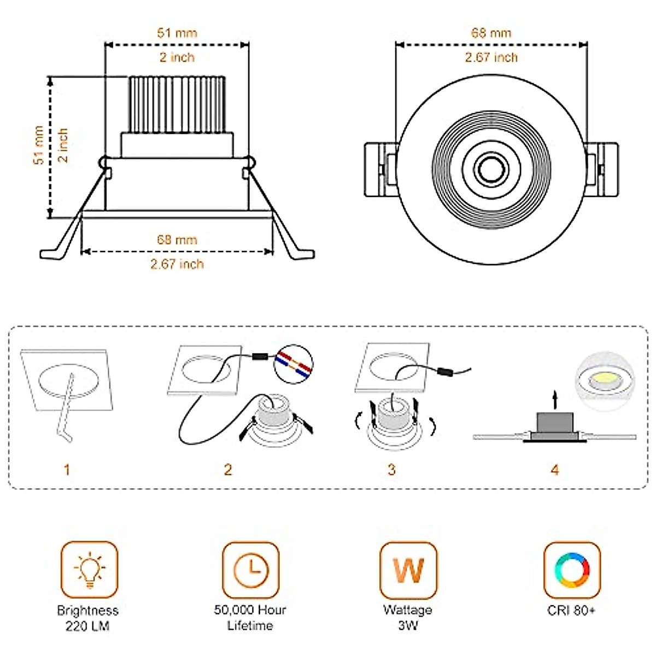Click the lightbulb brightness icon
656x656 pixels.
(x=89, y=570)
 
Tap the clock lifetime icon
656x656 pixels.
(x=250, y=570)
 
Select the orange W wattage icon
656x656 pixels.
(x=408, y=570)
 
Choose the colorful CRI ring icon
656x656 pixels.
(x=572, y=570)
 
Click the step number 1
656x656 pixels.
(x=67, y=470)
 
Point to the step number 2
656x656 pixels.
(x=228, y=470)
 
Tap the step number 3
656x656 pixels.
(x=391, y=470)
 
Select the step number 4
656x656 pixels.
(x=555, y=470)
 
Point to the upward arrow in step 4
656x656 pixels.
(x=555, y=399)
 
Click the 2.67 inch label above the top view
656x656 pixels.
(x=491, y=57)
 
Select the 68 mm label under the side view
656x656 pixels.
(x=177, y=239)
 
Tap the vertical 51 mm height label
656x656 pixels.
(x=38, y=145)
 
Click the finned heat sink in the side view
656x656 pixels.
(x=177, y=104)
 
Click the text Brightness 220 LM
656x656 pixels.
(x=87, y=618)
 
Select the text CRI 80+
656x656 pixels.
(x=571, y=610)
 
